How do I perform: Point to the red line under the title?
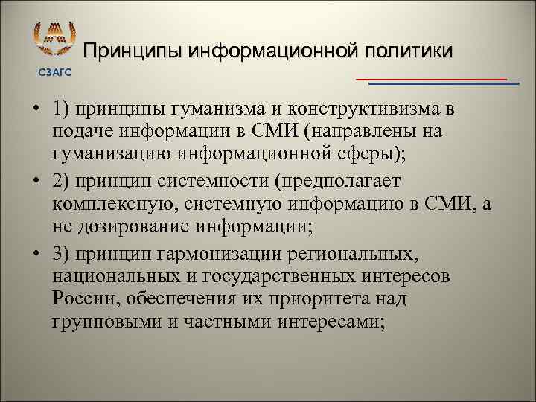[x=432, y=78]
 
